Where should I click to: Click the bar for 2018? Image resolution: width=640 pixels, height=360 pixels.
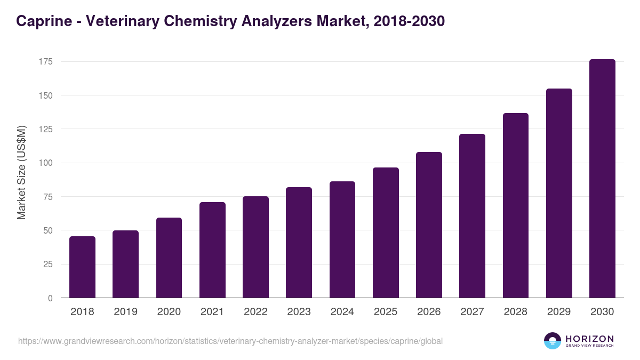pyautogui.click(x=82, y=267)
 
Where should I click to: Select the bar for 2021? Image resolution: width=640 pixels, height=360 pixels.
pyautogui.click(x=212, y=250)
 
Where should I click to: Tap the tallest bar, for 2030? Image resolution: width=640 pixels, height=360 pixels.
pyautogui.click(x=602, y=179)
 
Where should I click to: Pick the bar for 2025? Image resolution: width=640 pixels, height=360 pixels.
pyautogui.click(x=386, y=233)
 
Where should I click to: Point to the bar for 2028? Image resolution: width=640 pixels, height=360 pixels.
pyautogui.click(x=516, y=205)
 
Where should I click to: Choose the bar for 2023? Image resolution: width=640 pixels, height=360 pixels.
pyautogui.click(x=299, y=243)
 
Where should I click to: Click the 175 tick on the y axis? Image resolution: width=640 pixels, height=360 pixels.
pyautogui.click(x=45, y=62)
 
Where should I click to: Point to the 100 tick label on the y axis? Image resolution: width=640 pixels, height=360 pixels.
pyautogui.click(x=45, y=163)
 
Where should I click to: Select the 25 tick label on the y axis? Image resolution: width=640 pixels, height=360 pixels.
pyautogui.click(x=47, y=264)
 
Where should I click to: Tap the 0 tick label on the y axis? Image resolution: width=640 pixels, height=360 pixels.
pyautogui.click(x=50, y=298)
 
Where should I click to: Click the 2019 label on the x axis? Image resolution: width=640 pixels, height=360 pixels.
pyautogui.click(x=125, y=312)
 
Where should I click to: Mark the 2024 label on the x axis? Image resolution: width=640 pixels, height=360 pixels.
pyautogui.click(x=342, y=312)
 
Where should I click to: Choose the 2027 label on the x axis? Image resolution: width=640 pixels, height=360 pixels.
pyautogui.click(x=472, y=312)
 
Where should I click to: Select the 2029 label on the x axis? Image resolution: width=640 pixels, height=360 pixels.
pyautogui.click(x=559, y=312)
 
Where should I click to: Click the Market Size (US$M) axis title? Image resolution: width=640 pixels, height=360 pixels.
pyautogui.click(x=21, y=172)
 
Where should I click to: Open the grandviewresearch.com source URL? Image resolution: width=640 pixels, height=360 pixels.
pyautogui.click(x=230, y=341)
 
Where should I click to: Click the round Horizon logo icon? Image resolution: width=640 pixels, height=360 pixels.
pyautogui.click(x=553, y=341)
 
